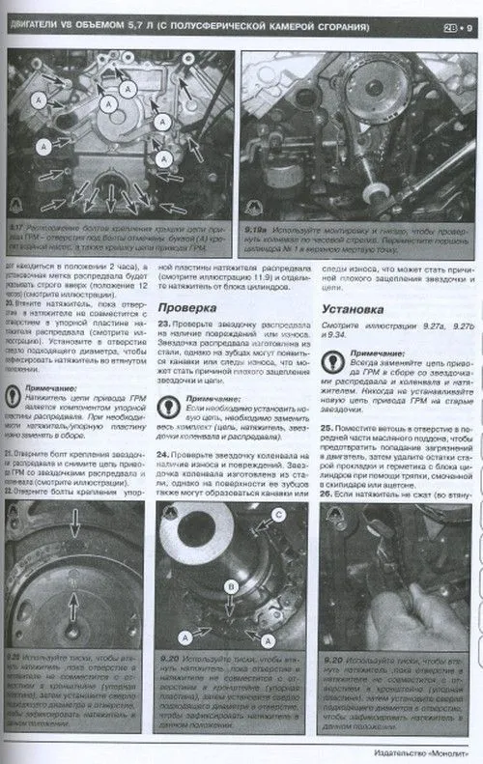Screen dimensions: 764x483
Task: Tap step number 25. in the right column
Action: tap(327, 426)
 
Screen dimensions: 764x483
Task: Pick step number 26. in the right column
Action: tap(327, 493)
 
